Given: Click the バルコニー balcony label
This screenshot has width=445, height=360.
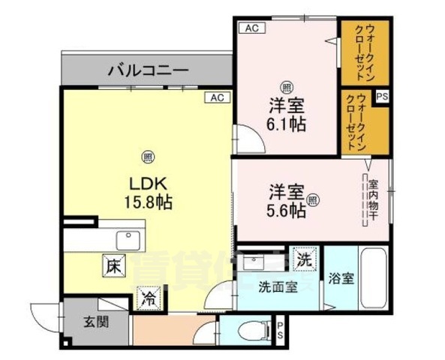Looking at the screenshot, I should tap(147, 72).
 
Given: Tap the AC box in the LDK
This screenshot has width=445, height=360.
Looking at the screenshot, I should tap(216, 97).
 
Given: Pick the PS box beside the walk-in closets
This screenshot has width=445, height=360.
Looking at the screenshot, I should tap(382, 96).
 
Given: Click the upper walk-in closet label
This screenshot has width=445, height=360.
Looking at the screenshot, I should tap(363, 51).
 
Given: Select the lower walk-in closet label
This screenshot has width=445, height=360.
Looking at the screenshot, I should tap(363, 121).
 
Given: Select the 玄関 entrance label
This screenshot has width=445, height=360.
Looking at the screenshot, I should tap(95, 322).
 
